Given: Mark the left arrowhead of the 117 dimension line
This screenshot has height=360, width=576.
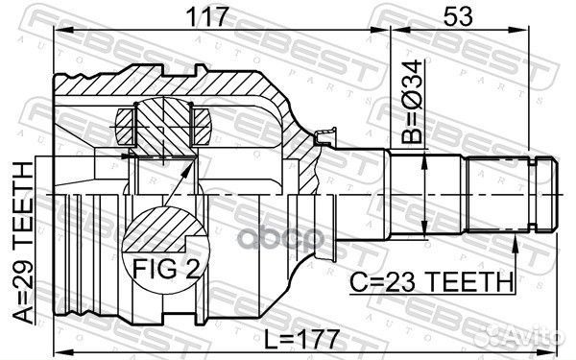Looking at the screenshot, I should (x=60, y=32).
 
